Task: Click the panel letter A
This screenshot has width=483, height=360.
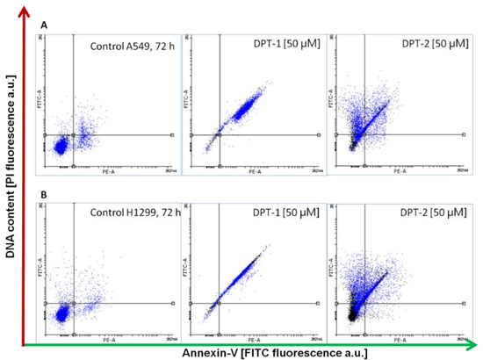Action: pyautogui.click(x=44, y=27)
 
